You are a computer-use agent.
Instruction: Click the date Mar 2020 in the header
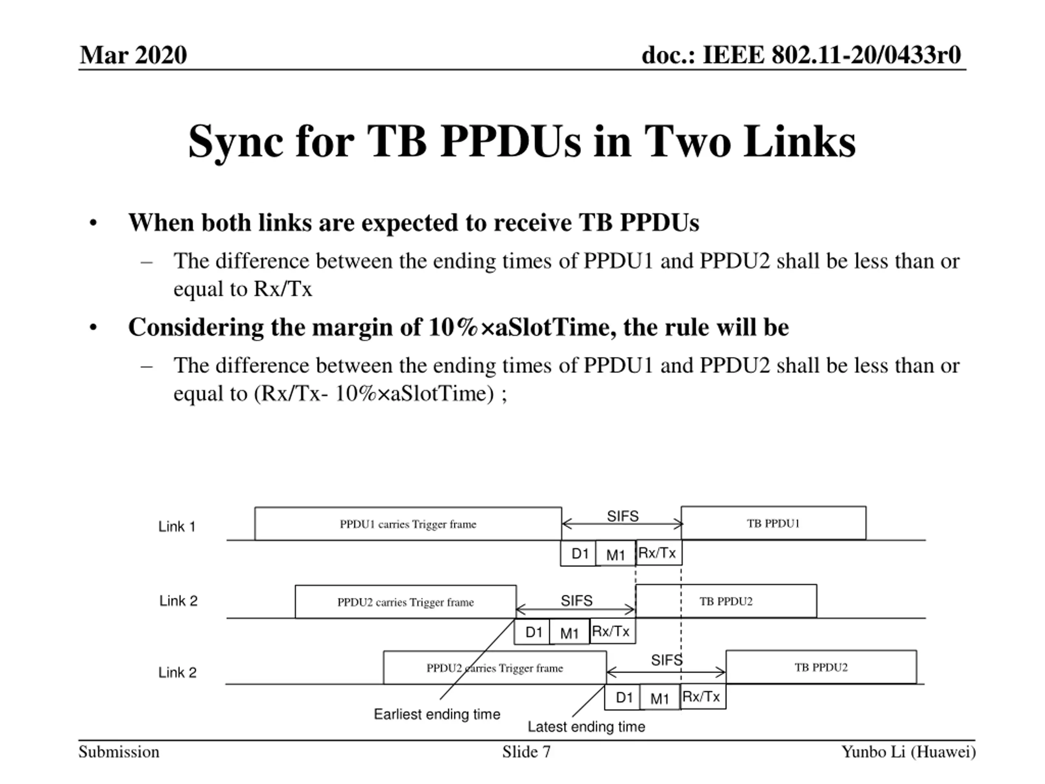[133, 55]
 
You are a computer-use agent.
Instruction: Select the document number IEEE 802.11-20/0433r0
[801, 55]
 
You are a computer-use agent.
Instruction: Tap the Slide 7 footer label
[526, 752]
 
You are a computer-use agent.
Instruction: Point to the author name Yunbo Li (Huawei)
[908, 752]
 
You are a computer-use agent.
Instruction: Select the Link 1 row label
[177, 526]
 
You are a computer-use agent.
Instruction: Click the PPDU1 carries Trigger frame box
[408, 524]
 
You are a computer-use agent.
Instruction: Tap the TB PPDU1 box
[774, 523]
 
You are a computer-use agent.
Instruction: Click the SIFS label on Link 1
[623, 516]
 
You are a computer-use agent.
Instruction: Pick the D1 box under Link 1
[579, 553]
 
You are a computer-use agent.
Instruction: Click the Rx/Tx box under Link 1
[658, 553]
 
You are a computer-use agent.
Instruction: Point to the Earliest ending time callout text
[437, 714]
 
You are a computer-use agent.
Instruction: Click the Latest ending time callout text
[586, 727]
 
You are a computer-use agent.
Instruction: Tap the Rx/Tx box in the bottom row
[702, 697]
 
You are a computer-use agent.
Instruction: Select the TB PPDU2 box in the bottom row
[821, 667]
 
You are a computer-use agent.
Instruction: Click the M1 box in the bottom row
[660, 698]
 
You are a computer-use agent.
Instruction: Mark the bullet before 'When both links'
[93, 223]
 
